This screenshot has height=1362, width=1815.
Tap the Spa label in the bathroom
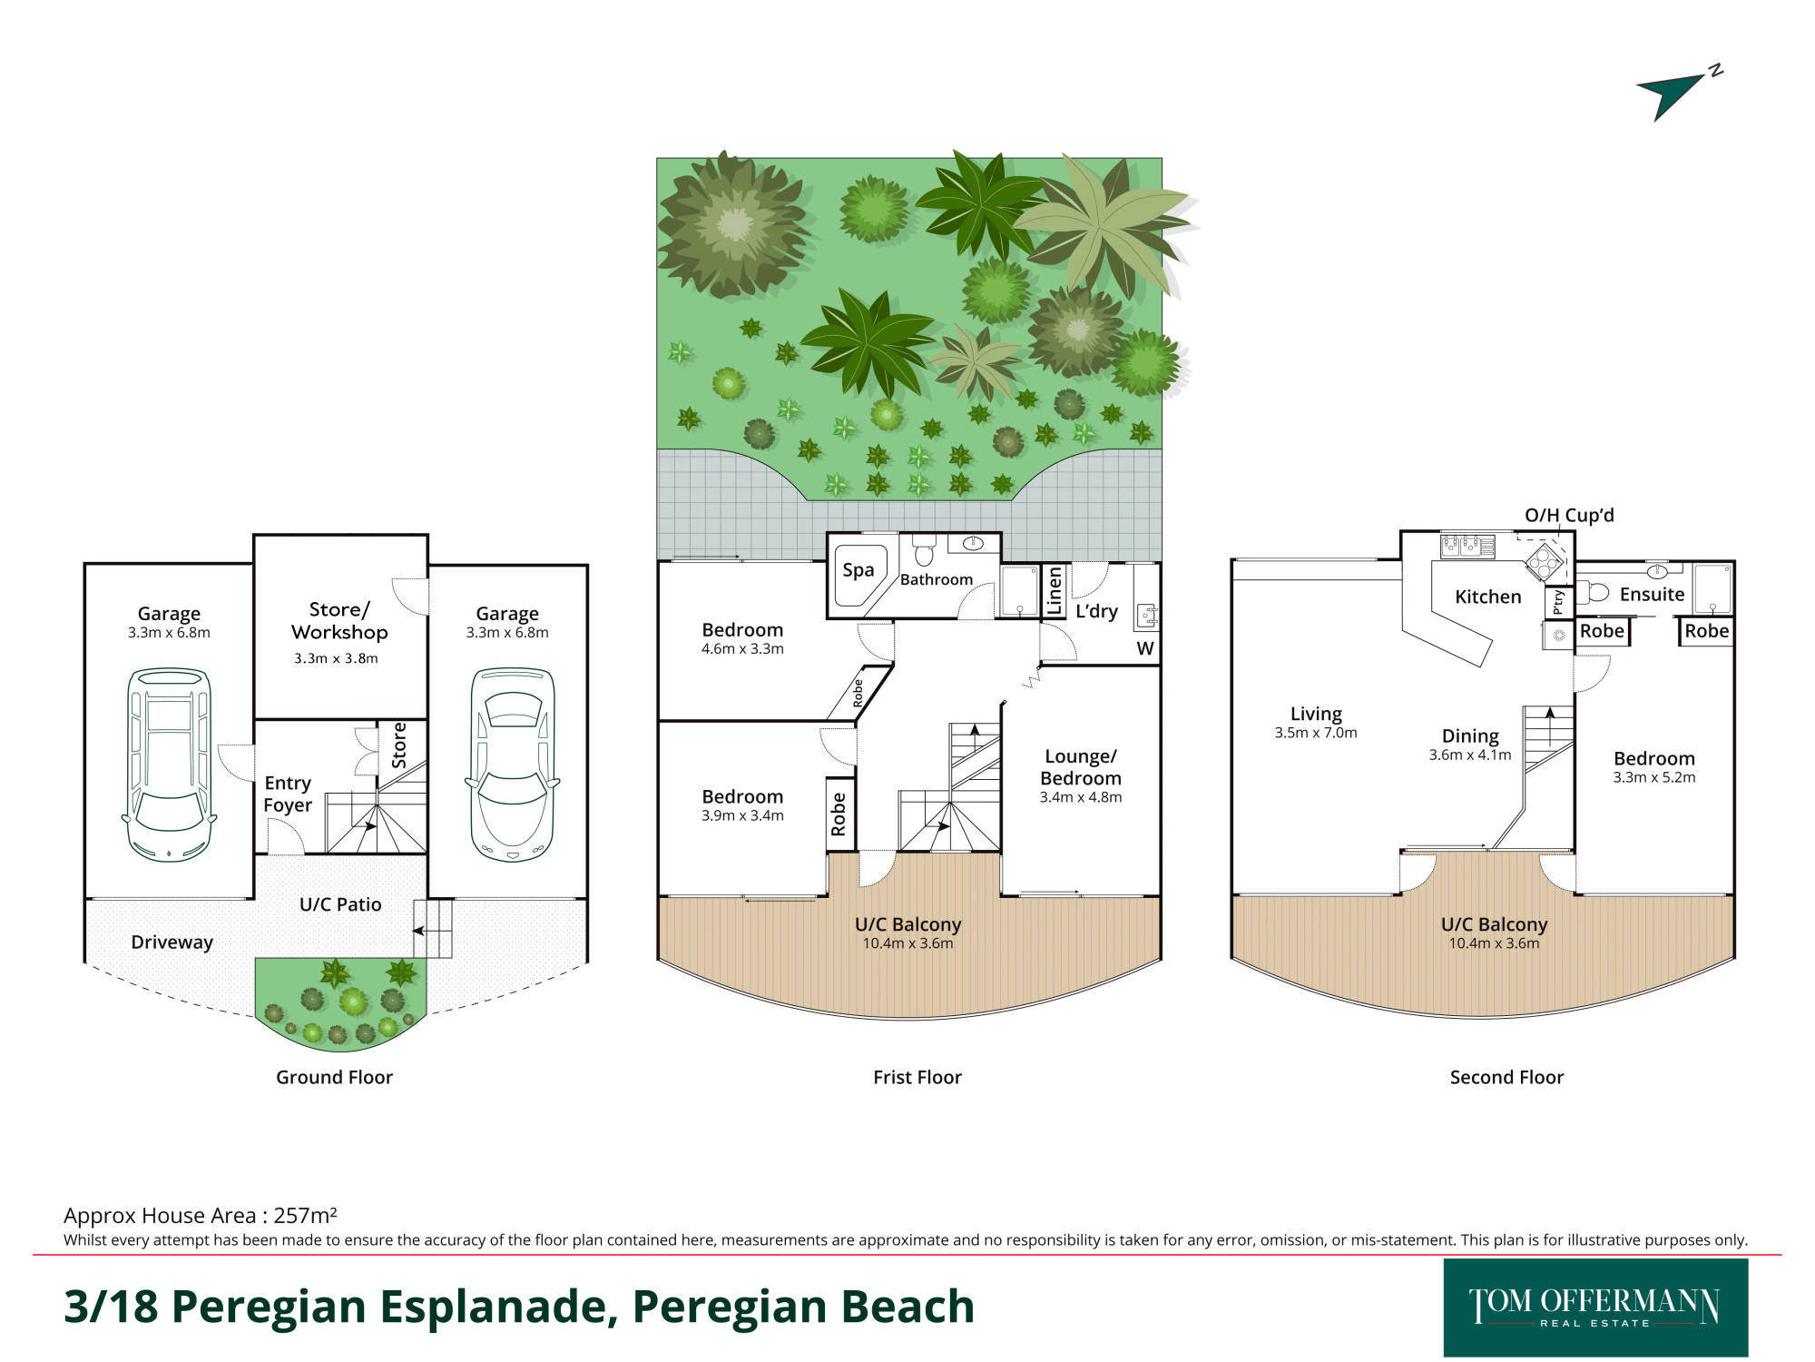(858, 569)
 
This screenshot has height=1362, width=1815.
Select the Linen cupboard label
(1055, 591)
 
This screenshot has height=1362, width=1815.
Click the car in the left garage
(169, 765)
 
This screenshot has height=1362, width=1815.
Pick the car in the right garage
(512, 765)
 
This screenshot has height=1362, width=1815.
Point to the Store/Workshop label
(339, 621)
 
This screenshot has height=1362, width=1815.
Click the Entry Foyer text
(288, 794)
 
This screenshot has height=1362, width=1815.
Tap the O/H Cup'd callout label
(1569, 516)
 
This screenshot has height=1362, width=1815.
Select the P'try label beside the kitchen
(1558, 602)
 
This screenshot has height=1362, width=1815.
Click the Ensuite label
(1652, 594)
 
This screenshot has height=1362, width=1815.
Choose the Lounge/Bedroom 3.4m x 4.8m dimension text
(1081, 797)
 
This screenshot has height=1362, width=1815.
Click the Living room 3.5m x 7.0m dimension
(1316, 733)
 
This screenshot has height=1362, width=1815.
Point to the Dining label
(1470, 735)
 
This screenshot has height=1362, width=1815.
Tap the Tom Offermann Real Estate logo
(1595, 1308)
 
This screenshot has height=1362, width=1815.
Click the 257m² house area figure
(306, 1215)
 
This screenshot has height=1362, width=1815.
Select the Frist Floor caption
(917, 1077)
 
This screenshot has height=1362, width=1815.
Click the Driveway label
(172, 943)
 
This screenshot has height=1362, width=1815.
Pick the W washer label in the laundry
(1145, 648)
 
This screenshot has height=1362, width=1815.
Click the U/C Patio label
(340, 904)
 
